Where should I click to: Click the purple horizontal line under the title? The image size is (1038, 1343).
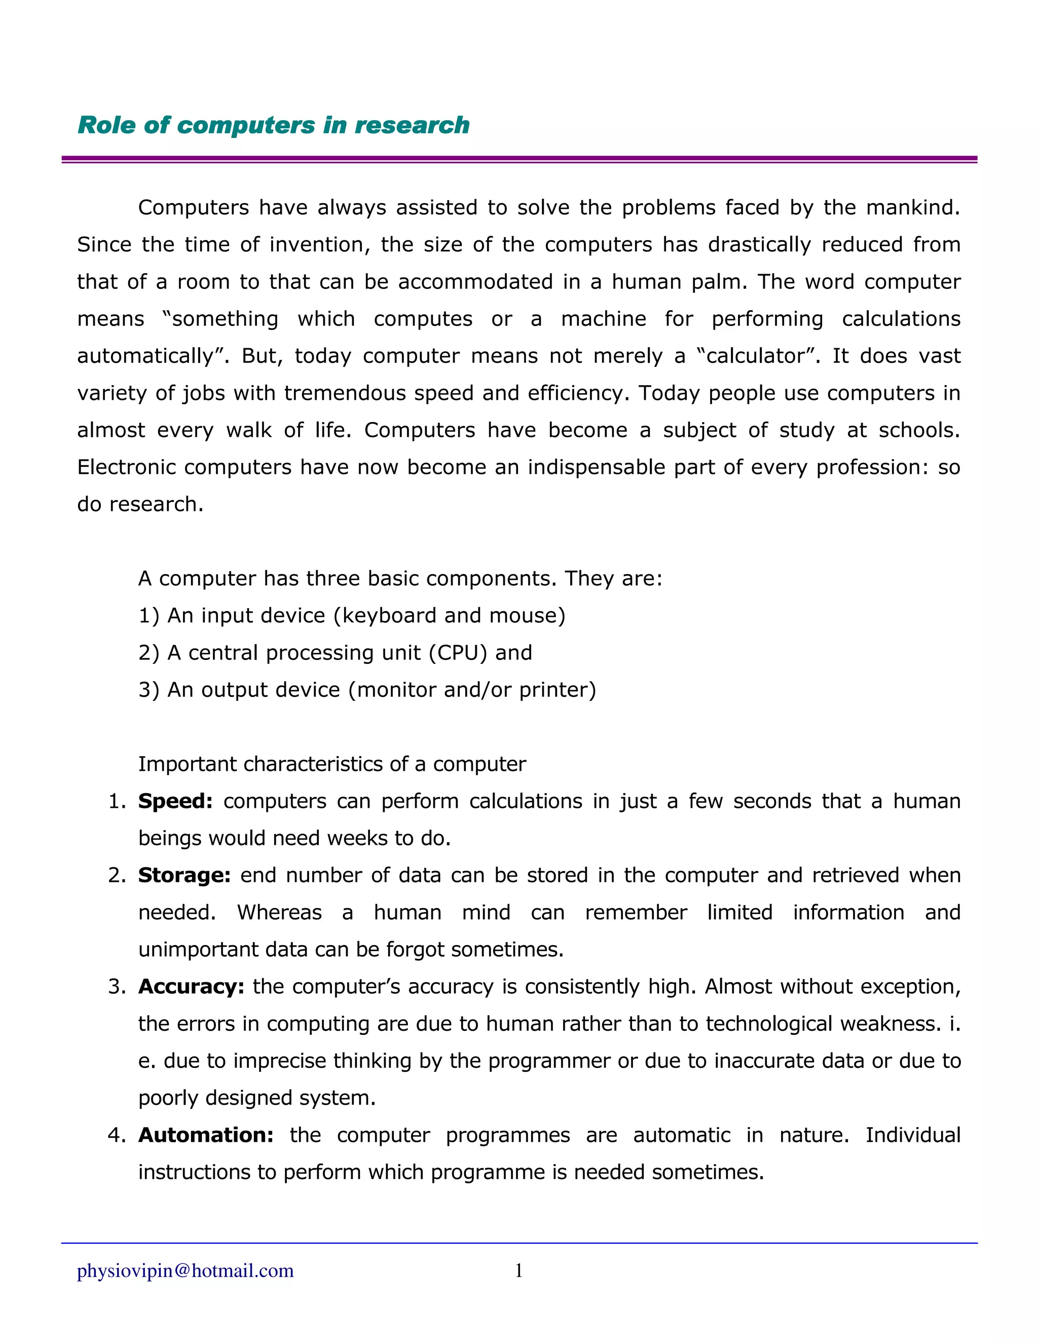click(x=519, y=159)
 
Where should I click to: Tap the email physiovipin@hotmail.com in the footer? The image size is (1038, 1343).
click(x=185, y=1270)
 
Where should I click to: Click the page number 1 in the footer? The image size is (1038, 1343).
click(x=518, y=1270)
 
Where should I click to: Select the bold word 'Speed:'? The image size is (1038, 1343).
click(x=175, y=801)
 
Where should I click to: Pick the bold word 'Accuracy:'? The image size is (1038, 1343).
click(x=191, y=986)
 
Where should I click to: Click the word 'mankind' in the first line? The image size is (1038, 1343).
click(x=911, y=207)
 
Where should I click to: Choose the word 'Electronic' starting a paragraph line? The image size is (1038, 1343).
click(x=126, y=467)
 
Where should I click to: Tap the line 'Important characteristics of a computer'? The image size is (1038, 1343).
click(x=332, y=764)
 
